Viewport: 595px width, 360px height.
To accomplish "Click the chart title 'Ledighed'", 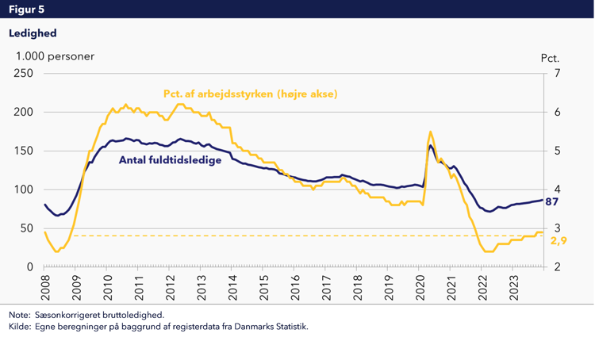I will [x=33, y=33].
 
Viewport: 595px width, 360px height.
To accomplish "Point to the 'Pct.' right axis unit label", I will [x=550, y=58].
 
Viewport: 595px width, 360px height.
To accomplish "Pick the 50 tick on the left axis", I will [x=25, y=228].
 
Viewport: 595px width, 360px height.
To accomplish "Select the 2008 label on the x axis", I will [x=46, y=285].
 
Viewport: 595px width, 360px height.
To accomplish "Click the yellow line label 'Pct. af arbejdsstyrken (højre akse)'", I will [x=251, y=94].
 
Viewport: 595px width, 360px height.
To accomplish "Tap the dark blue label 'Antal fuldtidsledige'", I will [x=171, y=159].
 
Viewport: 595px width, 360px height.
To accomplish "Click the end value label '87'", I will [x=554, y=201].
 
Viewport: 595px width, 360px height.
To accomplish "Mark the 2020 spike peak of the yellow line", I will [x=430, y=132].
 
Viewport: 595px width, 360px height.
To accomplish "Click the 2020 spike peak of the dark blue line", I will [x=430, y=145].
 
